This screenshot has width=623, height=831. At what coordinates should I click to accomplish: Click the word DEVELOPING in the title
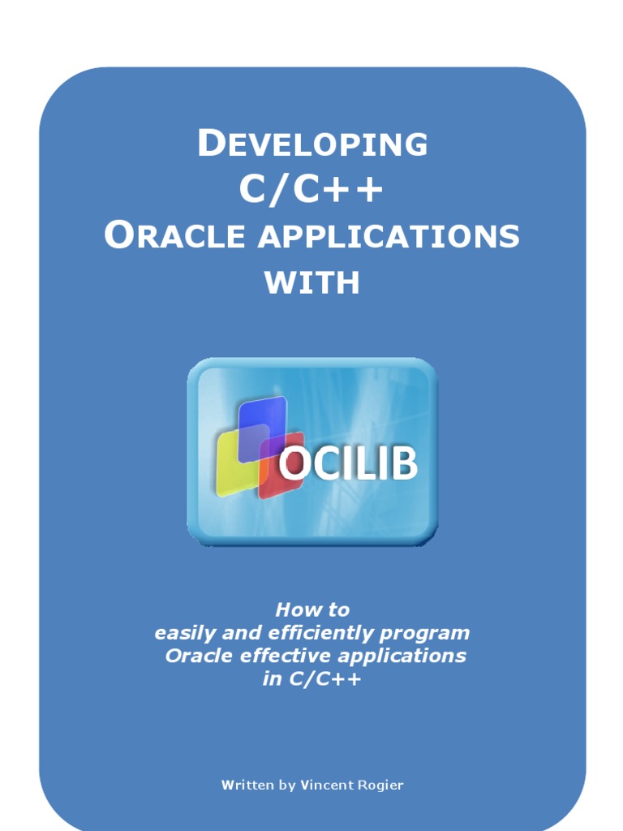pyautogui.click(x=312, y=144)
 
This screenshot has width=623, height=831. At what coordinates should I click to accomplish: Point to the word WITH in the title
pyautogui.click(x=312, y=283)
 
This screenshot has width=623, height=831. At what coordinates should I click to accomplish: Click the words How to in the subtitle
pyautogui.click(x=312, y=609)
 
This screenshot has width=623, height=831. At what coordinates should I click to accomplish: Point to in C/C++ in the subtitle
pyautogui.click(x=312, y=679)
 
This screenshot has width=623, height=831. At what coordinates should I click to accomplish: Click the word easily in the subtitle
pyautogui.click(x=179, y=634)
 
